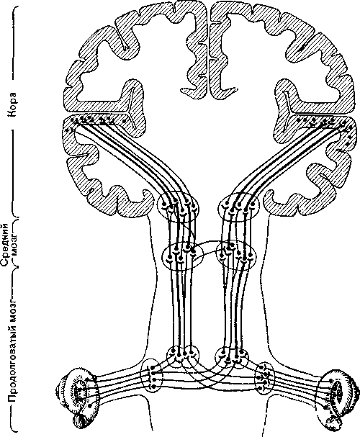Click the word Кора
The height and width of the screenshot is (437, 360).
[x=13, y=104]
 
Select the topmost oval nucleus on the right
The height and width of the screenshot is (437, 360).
[x=238, y=207]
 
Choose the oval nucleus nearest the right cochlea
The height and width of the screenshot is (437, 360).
[x=265, y=378]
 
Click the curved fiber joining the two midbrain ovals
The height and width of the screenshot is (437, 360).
[x=209, y=242]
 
